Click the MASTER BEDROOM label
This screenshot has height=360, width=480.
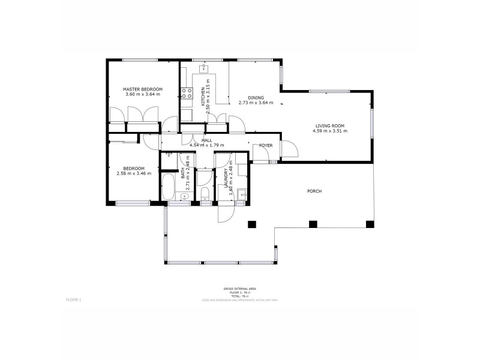coord(143,89)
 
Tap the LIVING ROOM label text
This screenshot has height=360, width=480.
coord(330,125)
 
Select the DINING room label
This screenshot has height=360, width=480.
coord(256,97)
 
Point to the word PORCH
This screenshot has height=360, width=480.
coord(314,191)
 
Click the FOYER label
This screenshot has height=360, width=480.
coord(266,145)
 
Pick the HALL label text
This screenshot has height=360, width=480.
coord(206,140)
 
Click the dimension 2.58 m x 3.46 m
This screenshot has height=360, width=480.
coord(134,173)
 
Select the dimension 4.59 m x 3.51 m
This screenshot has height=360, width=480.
coord(330,131)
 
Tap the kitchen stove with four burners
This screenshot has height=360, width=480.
coord(186,93)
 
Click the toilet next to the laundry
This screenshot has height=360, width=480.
coord(205,192)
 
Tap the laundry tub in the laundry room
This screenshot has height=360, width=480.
coord(242,194)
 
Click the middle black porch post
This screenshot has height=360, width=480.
coord(312,224)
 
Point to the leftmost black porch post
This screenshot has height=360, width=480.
coord(251,224)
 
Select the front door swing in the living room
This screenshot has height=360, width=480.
coord(287,147)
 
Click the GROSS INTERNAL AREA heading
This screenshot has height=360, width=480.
coord(240,288)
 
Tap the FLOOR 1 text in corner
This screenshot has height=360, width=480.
coord(73,298)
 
